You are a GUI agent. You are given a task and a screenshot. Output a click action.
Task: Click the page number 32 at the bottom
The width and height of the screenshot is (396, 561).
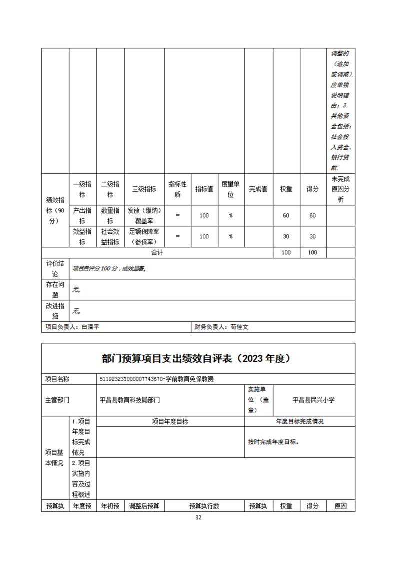coord(198,518)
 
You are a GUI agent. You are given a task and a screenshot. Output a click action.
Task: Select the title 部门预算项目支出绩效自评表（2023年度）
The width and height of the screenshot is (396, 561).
coord(198,358)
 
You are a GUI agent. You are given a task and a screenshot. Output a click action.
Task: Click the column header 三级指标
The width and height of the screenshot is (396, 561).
coord(144,189)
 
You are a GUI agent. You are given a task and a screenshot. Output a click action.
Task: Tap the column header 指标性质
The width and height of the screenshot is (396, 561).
coord(178,189)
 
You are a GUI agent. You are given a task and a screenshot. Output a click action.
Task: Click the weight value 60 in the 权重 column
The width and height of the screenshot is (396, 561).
coord(286,216)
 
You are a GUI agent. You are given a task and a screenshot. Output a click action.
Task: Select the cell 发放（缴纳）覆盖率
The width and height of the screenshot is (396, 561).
coord(144,216)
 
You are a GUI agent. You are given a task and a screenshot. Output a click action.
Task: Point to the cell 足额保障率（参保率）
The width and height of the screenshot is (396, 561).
coord(144,237)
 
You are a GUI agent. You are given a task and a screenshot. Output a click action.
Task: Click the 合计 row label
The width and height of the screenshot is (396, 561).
coord(157,253)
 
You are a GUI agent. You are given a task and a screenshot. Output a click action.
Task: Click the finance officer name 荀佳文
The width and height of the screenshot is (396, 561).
coord(239,327)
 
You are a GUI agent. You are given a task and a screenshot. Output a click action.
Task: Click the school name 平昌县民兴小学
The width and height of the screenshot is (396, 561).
coord(313,400)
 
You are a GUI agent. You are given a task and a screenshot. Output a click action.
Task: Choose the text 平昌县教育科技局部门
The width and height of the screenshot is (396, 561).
coord(130,400)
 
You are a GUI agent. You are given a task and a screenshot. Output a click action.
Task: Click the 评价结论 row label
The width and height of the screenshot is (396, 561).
coord(55,269)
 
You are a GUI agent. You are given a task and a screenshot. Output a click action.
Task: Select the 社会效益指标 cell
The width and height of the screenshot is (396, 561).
coord(110,237)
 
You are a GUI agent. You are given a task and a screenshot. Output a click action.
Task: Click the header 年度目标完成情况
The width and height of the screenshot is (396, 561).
coord(299,421)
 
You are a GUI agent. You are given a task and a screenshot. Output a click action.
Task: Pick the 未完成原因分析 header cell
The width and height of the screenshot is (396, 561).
coord(341,189)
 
